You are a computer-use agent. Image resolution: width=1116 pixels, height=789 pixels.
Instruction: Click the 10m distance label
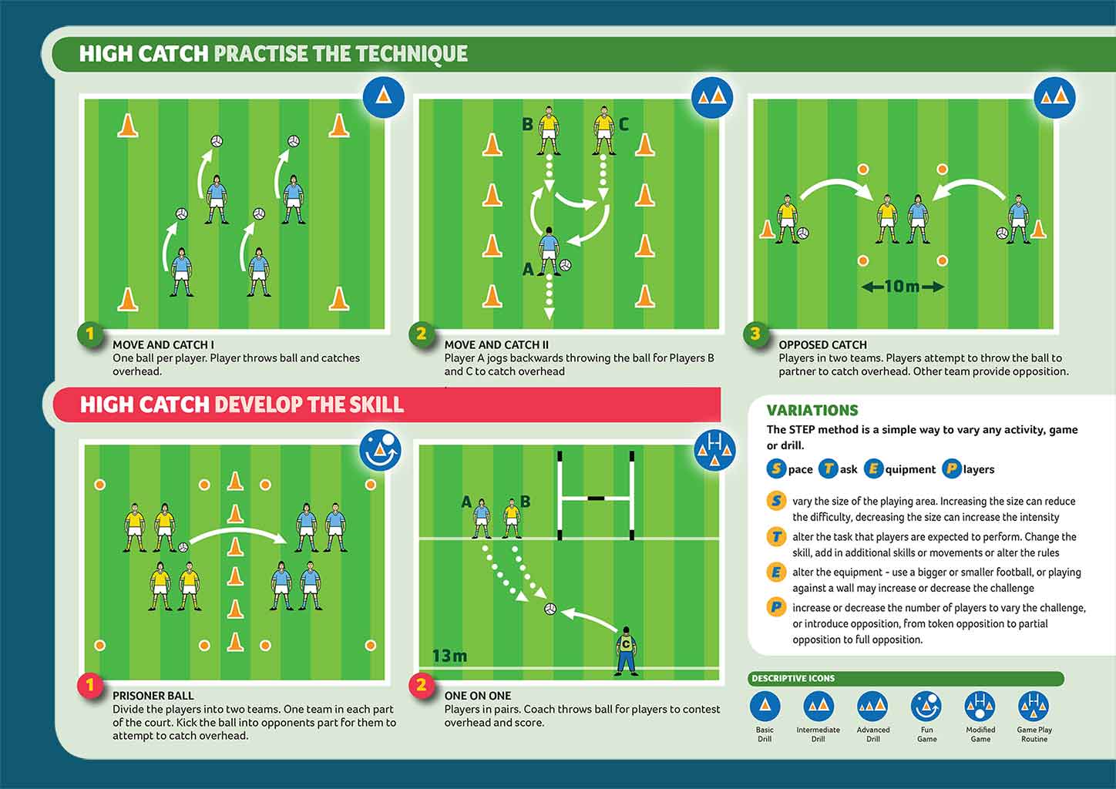point(903,287)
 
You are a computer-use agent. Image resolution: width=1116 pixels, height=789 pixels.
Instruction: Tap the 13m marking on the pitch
point(449,656)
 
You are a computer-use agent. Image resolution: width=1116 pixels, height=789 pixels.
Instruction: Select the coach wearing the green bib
point(626,651)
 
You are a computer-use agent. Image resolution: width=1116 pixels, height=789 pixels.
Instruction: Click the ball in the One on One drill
point(550,609)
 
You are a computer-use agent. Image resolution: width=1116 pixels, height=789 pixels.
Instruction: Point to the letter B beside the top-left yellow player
point(527,124)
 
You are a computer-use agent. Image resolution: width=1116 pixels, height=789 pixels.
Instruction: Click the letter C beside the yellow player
point(624,124)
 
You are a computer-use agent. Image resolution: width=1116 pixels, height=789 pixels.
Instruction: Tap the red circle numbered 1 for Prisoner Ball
point(90,685)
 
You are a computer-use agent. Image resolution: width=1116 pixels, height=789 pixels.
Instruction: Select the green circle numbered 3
point(755,334)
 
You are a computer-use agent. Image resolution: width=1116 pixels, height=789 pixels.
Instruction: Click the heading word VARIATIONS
point(812,411)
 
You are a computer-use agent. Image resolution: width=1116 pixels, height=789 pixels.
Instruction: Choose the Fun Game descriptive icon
point(926,707)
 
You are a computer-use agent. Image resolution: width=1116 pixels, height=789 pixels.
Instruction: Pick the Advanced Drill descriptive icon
point(872,707)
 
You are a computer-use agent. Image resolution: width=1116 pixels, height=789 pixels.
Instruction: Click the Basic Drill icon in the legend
point(765,707)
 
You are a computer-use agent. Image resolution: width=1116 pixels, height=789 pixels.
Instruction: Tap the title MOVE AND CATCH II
point(496,344)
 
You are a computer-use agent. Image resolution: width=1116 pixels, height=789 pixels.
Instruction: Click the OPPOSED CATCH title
point(822,344)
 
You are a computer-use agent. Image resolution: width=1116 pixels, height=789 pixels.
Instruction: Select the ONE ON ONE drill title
point(478,695)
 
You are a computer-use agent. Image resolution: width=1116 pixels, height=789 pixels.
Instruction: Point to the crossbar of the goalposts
point(596,498)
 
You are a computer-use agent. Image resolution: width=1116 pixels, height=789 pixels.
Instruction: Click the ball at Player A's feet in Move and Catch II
point(566,265)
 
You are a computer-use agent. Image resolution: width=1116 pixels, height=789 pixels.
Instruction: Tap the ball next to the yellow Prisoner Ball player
point(183,547)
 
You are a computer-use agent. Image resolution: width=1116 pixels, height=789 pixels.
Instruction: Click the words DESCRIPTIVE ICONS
point(793,678)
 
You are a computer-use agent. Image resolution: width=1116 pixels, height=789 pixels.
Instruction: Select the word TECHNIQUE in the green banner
point(412,54)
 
